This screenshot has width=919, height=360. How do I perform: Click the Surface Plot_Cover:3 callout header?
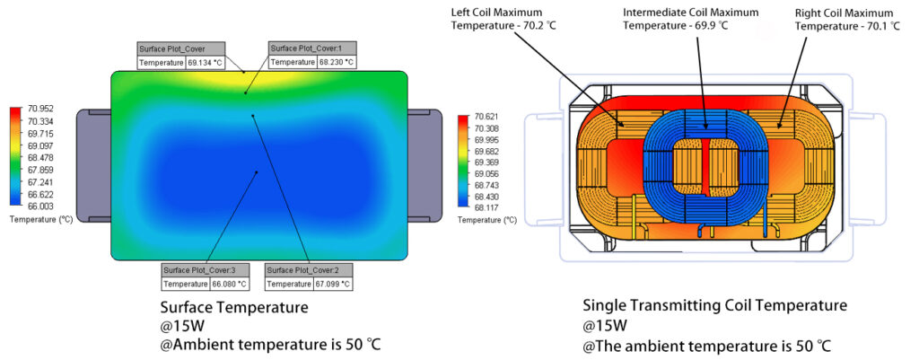[x=198, y=270]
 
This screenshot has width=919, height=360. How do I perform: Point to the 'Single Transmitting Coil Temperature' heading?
[x=714, y=305]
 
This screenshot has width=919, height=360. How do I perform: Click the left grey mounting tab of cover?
[x=92, y=166]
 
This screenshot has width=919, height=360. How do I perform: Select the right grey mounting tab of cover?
[x=425, y=166]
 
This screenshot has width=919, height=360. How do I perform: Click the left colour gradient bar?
[x=14, y=158]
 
